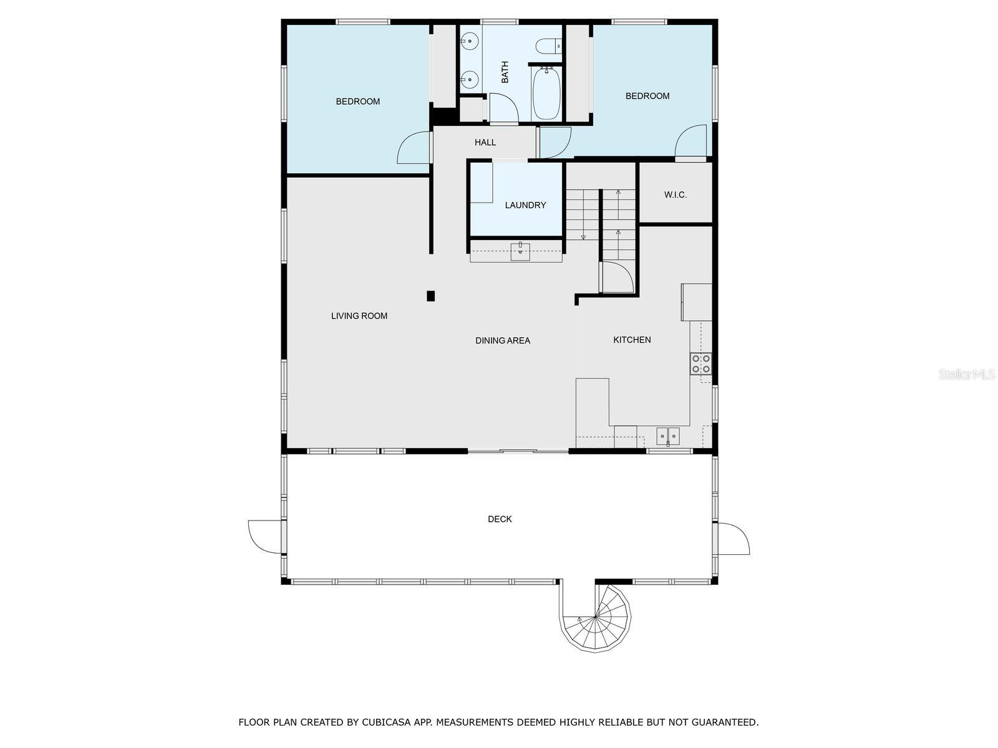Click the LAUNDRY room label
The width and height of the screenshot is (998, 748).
pyautogui.click(x=525, y=205)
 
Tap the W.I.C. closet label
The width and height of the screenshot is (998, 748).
pyautogui.click(x=676, y=195)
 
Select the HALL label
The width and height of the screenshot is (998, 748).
pyautogui.click(x=485, y=143)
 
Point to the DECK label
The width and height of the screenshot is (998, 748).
pyautogui.click(x=500, y=519)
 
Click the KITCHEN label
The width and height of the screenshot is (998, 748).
pyautogui.click(x=632, y=340)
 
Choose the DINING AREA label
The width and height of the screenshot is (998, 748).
pyautogui.click(x=503, y=340)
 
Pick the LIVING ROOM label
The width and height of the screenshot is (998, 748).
pyautogui.click(x=359, y=316)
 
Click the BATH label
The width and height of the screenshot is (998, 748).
pyautogui.click(x=505, y=72)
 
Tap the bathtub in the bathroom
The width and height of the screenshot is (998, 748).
pyautogui.click(x=546, y=93)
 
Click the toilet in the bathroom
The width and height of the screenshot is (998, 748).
pyautogui.click(x=549, y=46)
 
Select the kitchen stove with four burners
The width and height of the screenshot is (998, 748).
pyautogui.click(x=700, y=363)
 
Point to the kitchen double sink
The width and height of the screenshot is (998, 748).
pyautogui.click(x=668, y=436)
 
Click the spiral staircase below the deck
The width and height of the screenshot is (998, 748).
pyautogui.click(x=596, y=617)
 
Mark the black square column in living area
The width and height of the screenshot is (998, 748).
pyautogui.click(x=430, y=296)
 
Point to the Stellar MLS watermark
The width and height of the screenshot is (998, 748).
pyautogui.click(x=966, y=375)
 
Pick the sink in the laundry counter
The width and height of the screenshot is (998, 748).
pyautogui.click(x=520, y=252)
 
